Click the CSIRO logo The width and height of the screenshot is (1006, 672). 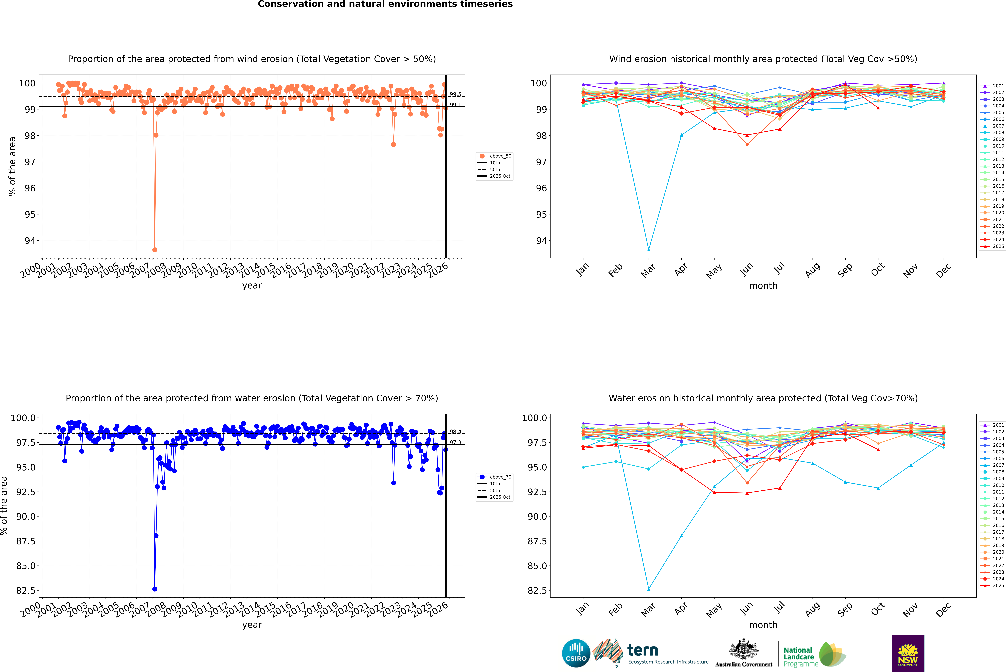(x=576, y=653)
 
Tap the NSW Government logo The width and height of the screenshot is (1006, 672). (x=908, y=653)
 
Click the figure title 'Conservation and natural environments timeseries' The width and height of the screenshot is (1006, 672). (x=385, y=4)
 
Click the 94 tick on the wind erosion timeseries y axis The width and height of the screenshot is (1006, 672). (x=30, y=241)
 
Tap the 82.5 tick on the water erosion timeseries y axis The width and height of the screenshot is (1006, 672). (x=26, y=591)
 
